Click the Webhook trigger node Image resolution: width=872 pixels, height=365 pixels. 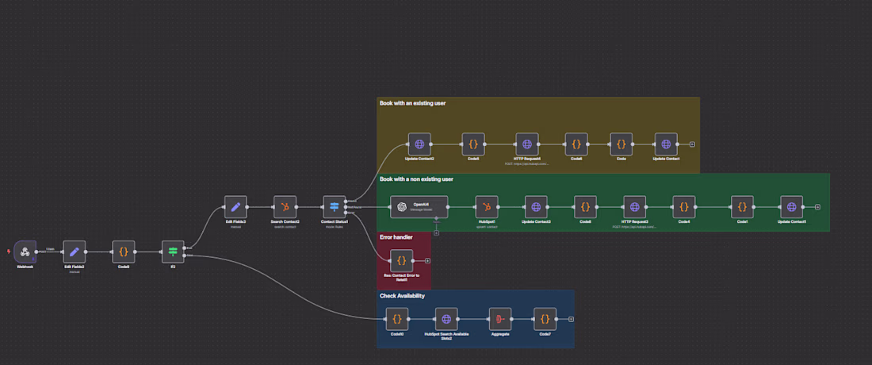click(25, 252)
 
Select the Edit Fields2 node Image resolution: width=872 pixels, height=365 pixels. click(74, 252)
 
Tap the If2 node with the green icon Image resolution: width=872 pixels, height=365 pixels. click(172, 252)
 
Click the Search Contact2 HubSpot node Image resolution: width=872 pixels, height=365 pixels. click(285, 207)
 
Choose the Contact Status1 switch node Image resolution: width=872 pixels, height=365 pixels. click(334, 207)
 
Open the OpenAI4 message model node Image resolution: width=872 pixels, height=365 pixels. click(419, 207)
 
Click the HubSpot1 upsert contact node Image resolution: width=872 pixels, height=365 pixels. click(486, 207)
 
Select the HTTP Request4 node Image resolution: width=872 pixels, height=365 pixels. click(526, 144)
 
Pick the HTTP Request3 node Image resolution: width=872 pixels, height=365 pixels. click(634, 207)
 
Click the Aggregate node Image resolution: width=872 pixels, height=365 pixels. click(499, 319)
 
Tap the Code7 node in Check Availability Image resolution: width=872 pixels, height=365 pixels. click(545, 319)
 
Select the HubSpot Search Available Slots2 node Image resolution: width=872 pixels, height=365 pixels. click(446, 319)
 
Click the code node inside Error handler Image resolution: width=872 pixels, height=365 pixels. click(401, 260)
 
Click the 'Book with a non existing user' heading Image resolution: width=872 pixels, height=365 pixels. click(416, 179)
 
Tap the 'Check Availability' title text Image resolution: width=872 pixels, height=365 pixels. click(403, 296)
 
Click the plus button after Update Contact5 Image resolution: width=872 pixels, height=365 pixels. click(817, 207)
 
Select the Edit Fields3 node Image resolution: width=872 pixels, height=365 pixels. click(235, 207)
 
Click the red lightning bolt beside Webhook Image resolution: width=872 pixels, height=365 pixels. click(9, 252)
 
